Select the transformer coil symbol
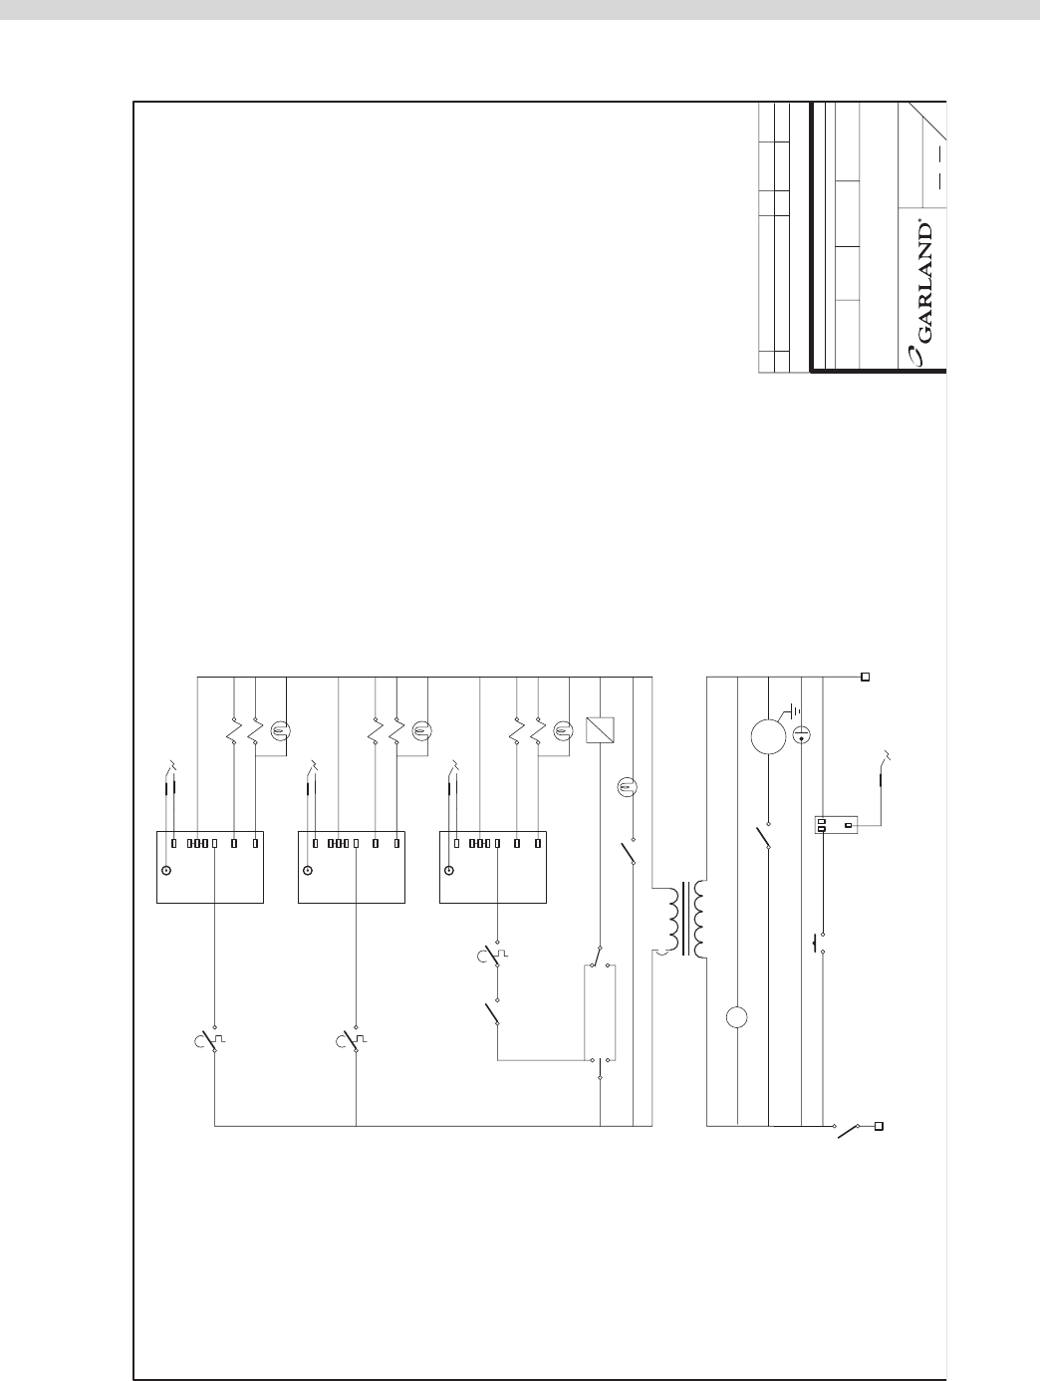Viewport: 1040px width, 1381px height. click(685, 920)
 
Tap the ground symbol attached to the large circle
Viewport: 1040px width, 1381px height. click(792, 712)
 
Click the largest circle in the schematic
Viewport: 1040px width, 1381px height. click(768, 736)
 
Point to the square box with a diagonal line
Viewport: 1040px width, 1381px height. click(600, 729)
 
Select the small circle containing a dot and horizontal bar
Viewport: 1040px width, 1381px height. click(801, 734)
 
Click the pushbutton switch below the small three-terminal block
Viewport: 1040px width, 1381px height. click(819, 944)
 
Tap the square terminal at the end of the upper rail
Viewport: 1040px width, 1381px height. click(866, 677)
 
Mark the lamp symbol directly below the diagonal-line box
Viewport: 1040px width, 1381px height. click(627, 785)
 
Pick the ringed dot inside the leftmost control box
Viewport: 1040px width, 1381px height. click(166, 871)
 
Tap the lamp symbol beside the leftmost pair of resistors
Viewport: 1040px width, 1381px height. click(281, 731)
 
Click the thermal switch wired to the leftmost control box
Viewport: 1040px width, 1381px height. click(210, 1040)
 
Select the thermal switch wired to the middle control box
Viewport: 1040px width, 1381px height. click(352, 1040)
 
